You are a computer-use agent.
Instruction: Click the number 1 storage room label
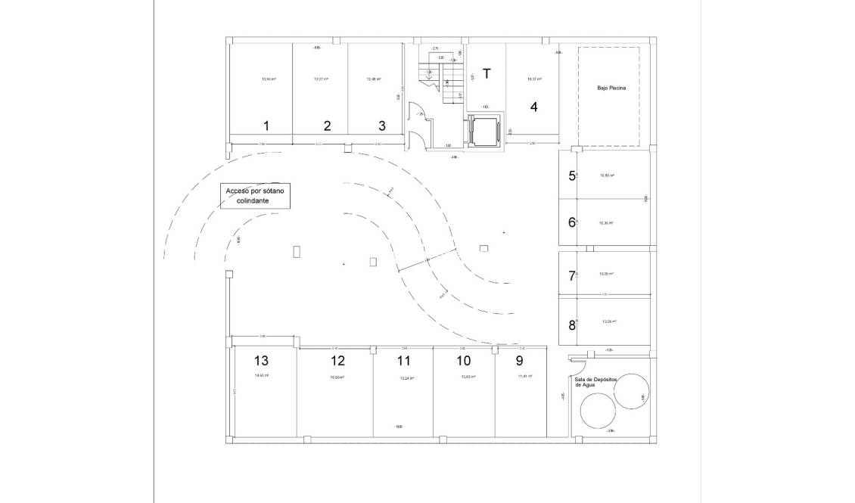266,126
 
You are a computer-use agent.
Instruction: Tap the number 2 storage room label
327,126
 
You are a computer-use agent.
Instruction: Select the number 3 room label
382,126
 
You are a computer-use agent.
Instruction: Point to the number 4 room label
534,107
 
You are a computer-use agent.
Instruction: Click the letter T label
487,73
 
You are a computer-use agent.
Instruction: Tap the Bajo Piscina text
611,88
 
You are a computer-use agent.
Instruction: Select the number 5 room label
572,176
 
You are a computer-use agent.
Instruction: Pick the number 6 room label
572,222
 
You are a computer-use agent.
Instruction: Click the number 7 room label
572,276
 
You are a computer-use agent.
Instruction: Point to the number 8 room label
572,326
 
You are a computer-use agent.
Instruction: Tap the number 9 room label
519,361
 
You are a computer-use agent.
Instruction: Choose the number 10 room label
464,361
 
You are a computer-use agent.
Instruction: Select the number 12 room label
337,361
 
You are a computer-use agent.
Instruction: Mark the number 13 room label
262,361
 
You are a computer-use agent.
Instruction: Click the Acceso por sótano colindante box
256,196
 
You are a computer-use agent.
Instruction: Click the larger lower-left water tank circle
598,412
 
